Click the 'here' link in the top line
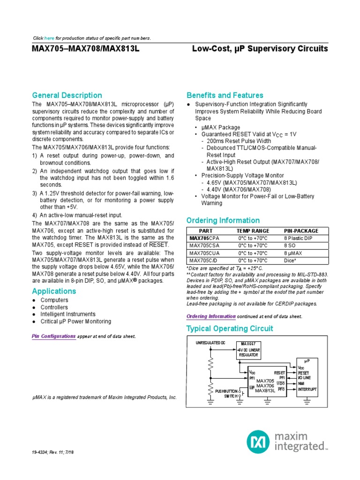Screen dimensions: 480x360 click(49, 37)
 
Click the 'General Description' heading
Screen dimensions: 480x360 click(67, 95)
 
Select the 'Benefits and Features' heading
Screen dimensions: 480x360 click(225, 95)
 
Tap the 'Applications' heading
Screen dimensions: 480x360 click(54, 291)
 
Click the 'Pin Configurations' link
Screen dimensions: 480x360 click(53, 336)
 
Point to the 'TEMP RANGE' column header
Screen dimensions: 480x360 click(253, 231)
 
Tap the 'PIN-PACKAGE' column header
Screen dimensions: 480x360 click(301, 231)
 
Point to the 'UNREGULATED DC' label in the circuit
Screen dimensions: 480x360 click(210, 343)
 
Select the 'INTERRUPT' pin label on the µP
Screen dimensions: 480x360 click(307, 389)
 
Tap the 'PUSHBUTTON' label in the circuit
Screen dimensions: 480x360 click(226, 391)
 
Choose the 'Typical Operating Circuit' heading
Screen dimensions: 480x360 click(230, 329)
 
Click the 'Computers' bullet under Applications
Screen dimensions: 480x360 click(54, 300)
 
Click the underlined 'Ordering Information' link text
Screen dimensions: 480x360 click(211, 316)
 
